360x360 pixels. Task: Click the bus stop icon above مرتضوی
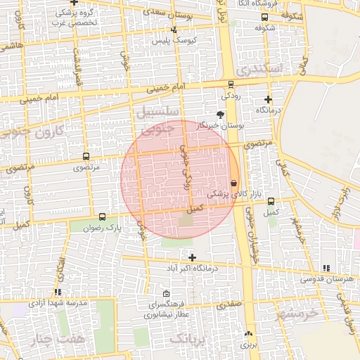click(x=86, y=157)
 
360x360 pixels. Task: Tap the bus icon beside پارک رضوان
click(x=103, y=217)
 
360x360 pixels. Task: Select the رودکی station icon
click(x=231, y=84)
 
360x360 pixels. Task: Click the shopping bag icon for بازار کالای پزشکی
click(x=233, y=183)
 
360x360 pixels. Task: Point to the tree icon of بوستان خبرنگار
click(x=221, y=114)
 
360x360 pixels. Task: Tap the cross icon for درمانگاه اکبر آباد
click(x=192, y=258)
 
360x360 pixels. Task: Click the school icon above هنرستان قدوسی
click(x=325, y=268)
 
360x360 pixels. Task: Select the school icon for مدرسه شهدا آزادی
click(x=57, y=292)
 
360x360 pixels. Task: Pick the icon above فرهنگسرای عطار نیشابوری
click(x=166, y=294)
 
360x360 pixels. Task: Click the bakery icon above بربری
click(x=247, y=334)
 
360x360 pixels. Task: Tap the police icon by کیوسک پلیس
click(x=174, y=30)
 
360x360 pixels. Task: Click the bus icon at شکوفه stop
click(x=264, y=18)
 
